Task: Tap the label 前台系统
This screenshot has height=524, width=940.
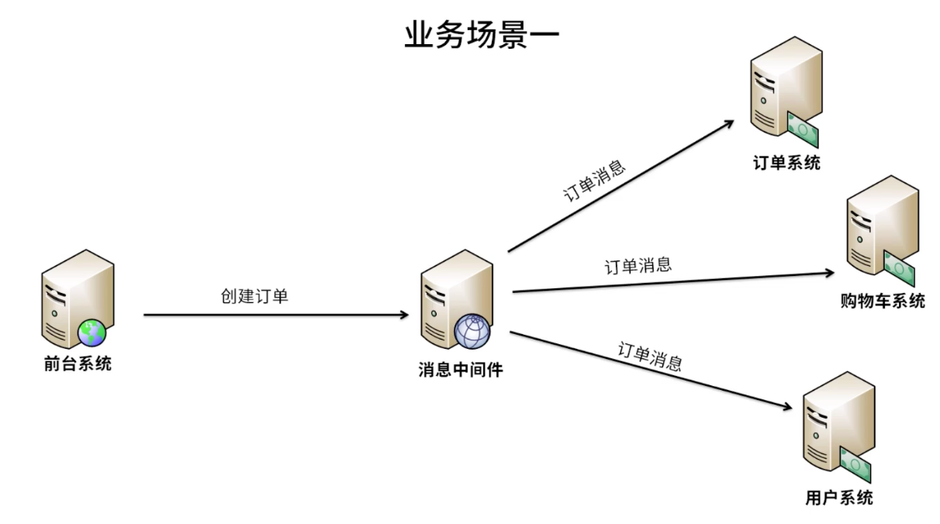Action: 78,364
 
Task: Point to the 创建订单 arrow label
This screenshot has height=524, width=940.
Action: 254,295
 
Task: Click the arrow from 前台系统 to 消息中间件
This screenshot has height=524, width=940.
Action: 275,315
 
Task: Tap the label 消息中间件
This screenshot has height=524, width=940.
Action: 461,371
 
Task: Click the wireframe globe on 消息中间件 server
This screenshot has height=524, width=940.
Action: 472,333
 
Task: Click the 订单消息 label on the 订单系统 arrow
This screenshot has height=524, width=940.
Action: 594,181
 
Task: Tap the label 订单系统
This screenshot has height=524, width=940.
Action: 786,163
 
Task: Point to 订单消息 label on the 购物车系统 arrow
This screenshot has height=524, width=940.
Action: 638,266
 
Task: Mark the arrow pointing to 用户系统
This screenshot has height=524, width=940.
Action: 651,371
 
